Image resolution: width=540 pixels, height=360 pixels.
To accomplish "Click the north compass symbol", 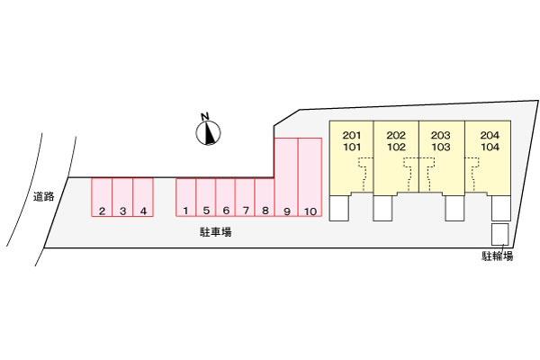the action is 209,133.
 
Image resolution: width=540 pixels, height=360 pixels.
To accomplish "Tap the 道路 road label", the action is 44,197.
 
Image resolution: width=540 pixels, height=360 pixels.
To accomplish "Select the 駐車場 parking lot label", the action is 216,232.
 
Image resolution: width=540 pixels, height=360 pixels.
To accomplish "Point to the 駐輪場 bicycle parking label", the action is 498,256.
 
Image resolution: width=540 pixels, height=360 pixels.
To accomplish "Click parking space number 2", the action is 102,197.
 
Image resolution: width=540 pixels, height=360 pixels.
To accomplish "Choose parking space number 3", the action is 122,197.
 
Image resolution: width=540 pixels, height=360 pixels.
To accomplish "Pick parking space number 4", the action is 143,197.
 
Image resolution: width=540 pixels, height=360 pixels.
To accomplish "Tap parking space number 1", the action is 186,197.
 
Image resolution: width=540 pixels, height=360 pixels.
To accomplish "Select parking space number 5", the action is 206,197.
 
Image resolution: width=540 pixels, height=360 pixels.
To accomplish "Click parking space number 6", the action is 226,197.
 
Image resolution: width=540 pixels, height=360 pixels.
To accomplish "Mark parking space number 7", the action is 245,197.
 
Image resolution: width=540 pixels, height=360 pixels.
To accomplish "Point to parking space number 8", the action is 265,197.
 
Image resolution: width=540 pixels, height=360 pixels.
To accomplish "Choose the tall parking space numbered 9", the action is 286,177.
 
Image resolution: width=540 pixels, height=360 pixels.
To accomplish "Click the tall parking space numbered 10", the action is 310,177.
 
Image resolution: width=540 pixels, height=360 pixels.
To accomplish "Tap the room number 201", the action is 352,135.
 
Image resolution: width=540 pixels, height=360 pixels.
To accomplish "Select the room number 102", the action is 396,147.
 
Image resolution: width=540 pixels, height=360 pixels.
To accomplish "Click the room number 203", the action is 441,135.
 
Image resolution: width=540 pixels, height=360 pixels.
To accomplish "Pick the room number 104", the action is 490,147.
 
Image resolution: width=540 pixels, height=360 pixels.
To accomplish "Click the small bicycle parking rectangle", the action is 499,234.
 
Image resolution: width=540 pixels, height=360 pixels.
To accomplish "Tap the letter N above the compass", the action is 205,116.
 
